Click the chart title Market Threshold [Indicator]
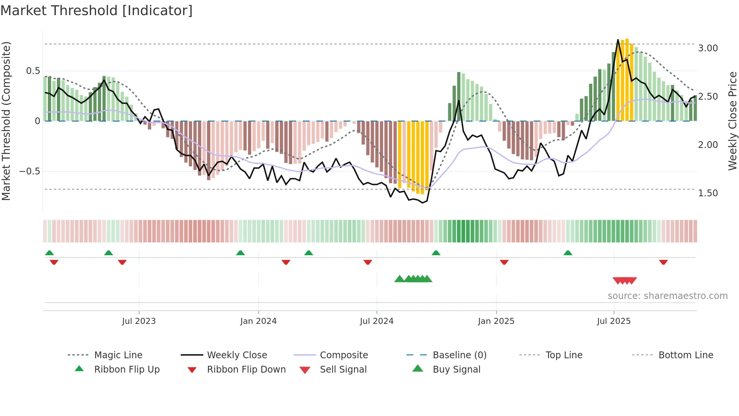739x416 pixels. coord(97,11)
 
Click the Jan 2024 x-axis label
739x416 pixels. coord(258,321)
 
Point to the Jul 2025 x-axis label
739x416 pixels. coord(613,321)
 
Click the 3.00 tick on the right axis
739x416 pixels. coord(708,48)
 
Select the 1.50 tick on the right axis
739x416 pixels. coord(708,193)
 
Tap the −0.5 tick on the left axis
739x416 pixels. coord(29,171)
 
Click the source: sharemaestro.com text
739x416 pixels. coord(667,296)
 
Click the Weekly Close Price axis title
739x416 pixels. coord(732,121)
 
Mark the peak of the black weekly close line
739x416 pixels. coord(618,40)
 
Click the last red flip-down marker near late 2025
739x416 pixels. coord(663,262)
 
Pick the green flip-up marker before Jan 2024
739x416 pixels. coord(240,253)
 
